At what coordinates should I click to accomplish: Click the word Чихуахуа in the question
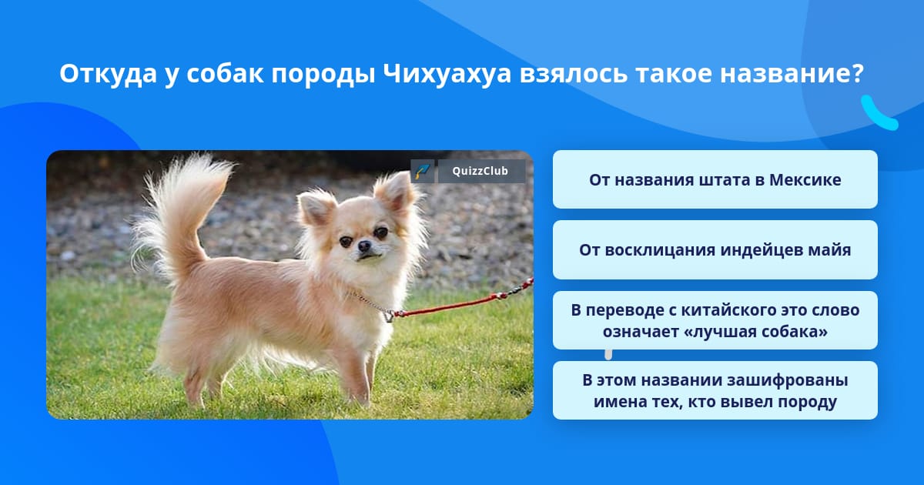(447, 73)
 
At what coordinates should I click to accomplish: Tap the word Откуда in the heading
(108, 74)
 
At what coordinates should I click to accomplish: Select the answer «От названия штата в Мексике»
(715, 179)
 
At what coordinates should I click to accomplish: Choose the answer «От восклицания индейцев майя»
(715, 250)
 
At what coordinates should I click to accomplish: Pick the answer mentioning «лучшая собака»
(715, 320)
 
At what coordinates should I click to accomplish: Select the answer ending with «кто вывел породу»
(715, 390)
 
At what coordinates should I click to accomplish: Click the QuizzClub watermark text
(480, 171)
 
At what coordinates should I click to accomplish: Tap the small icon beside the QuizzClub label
(423, 171)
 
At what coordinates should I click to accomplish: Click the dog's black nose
(364, 246)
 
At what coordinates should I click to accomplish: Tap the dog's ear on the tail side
(316, 209)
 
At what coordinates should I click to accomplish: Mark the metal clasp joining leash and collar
(389, 316)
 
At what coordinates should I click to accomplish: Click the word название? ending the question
(792, 73)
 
